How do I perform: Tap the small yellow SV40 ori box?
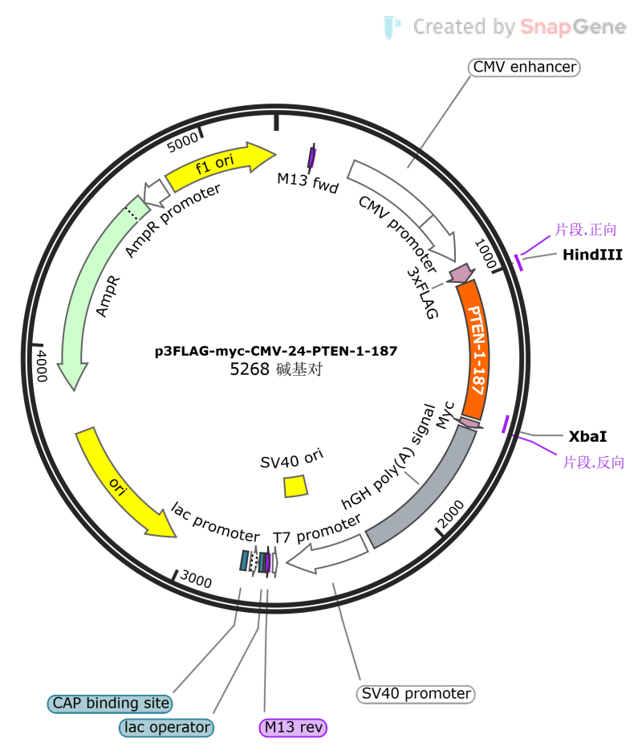[x=295, y=486]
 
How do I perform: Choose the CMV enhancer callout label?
[x=524, y=67]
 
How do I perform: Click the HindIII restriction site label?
[x=592, y=255]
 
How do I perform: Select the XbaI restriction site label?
[x=587, y=436]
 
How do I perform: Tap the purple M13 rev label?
[x=293, y=727]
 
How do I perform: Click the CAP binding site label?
[x=110, y=703]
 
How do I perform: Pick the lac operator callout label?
[x=166, y=727]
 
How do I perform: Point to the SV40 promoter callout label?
[x=416, y=693]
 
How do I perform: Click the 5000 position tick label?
[x=182, y=142]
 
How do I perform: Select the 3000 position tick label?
[x=196, y=579]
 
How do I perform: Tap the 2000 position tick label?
[x=451, y=514]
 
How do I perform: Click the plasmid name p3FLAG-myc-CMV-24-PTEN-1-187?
[x=276, y=351]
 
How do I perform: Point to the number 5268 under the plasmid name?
[x=250, y=369]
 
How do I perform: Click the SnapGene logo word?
[x=573, y=27]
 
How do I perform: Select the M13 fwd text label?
[x=307, y=182]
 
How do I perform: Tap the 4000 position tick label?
[x=42, y=365]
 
